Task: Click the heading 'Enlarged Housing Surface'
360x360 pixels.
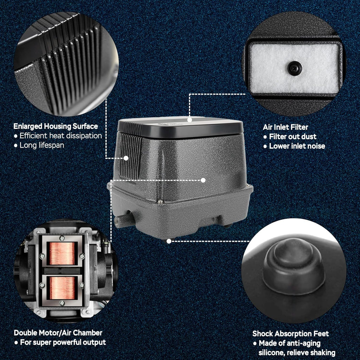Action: pyautogui.click(x=56, y=126)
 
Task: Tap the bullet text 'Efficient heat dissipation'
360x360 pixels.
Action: pyautogui.click(x=60, y=136)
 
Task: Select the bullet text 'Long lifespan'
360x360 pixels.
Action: pyautogui.click(x=42, y=145)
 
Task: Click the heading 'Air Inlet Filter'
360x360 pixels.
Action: pyautogui.click(x=285, y=127)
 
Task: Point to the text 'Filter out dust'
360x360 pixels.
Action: pyautogui.click(x=293, y=137)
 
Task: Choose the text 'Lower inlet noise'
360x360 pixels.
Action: pyautogui.click(x=297, y=146)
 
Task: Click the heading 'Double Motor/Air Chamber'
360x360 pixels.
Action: pyautogui.click(x=58, y=333)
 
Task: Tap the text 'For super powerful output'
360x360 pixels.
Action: pyautogui.click(x=63, y=342)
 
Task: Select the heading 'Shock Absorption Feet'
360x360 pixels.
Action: pyautogui.click(x=290, y=334)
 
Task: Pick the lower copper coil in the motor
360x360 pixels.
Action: pyautogui.click(x=62, y=288)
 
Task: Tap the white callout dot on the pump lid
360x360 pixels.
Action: pyautogui.click(x=189, y=120)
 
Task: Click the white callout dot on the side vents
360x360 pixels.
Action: pyautogui.click(x=126, y=158)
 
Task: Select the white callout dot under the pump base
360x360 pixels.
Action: pyautogui.click(x=169, y=241)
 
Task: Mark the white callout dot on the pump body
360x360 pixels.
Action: pyautogui.click(x=203, y=180)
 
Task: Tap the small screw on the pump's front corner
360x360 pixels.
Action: pyautogui.click(x=160, y=202)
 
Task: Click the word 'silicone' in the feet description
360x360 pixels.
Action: pyautogui.click(x=271, y=352)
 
